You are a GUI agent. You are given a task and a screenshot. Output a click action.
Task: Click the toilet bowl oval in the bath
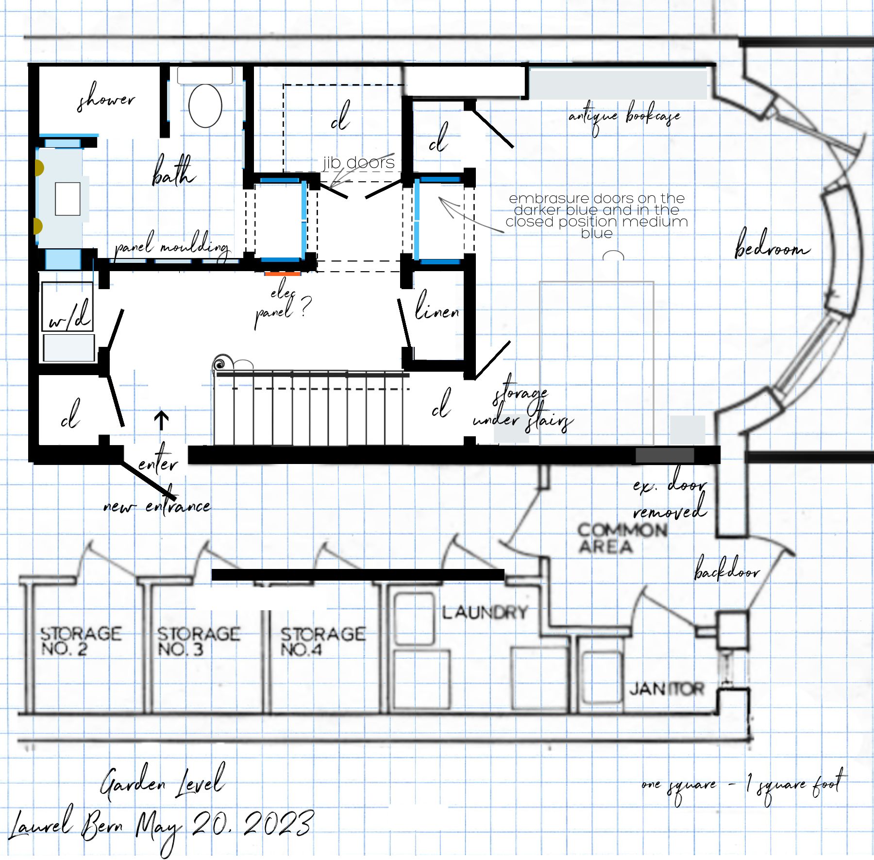pos(205,106)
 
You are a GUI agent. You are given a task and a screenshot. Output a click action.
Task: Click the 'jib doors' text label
pos(359,163)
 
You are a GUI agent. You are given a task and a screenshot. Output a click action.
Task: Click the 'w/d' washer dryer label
pos(69,316)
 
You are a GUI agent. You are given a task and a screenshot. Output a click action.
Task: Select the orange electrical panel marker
pos(283,274)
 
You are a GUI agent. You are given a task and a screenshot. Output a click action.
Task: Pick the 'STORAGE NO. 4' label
pos(322,641)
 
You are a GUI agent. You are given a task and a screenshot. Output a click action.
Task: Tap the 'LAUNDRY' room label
pos(484,612)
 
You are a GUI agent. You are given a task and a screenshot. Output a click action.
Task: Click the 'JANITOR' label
pos(666,688)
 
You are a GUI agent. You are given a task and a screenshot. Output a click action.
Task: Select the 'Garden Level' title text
pos(163,782)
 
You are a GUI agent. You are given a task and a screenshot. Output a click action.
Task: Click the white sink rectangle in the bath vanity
pos(67,198)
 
